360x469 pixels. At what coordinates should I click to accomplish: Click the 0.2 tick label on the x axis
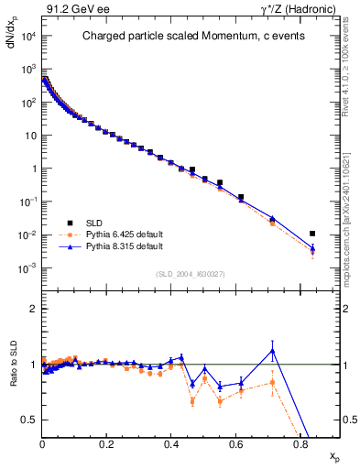pyautogui.click(x=107, y=444)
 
